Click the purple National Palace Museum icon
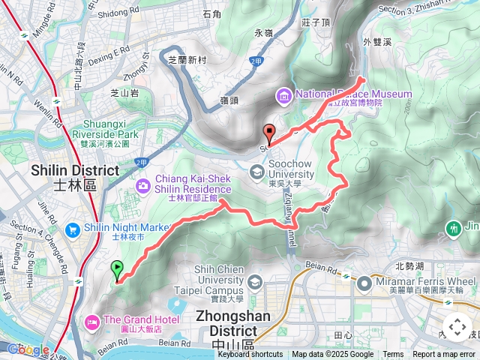[284, 95]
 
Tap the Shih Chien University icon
[255, 282]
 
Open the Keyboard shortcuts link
[250, 355]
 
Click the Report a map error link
[445, 355]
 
